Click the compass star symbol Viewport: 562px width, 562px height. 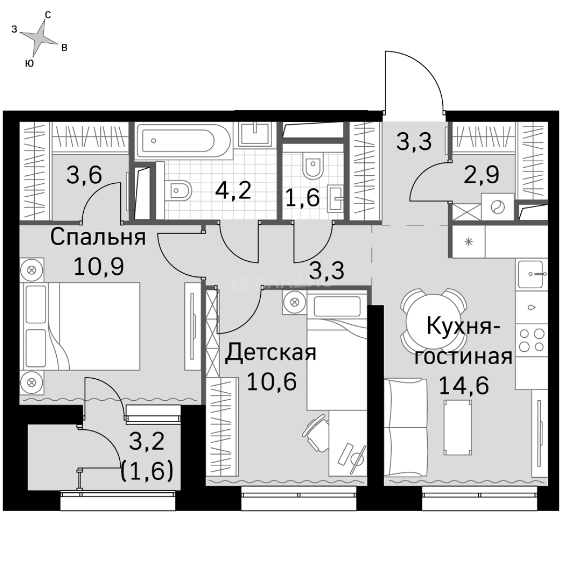point(37,37)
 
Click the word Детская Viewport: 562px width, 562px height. point(271,353)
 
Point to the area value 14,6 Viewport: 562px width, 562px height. point(464,386)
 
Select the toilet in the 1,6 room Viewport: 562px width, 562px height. point(313,164)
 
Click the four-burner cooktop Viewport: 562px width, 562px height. point(531,340)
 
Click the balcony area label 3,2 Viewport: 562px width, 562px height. point(147,443)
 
